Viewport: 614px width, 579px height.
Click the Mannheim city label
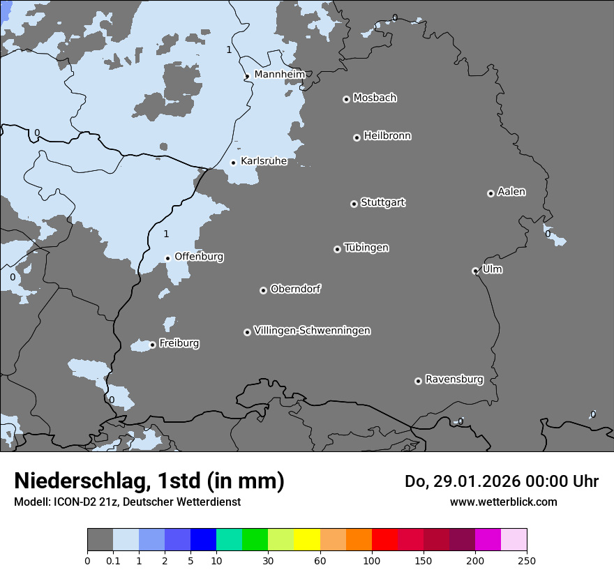click(279, 74)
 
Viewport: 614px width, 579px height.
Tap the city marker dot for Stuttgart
click(354, 204)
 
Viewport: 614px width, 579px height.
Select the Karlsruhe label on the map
click(264, 161)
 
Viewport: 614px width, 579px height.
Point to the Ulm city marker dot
click(475, 271)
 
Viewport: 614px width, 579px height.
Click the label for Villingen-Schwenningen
click(312, 331)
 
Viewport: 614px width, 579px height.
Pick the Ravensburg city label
click(454, 379)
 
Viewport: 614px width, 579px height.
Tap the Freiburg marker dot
click(152, 345)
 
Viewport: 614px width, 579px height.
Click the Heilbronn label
click(387, 135)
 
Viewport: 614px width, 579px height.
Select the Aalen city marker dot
click(491, 193)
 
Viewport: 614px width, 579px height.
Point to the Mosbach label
click(375, 98)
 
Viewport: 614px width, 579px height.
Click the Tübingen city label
click(366, 248)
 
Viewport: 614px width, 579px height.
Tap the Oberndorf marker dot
click(263, 290)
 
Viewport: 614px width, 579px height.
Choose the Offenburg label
click(199, 257)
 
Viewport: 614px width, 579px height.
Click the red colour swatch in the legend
click(384, 540)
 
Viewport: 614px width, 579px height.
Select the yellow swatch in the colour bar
click(307, 540)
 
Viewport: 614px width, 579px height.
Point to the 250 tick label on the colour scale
click(526, 560)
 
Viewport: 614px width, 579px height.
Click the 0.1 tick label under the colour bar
click(113, 560)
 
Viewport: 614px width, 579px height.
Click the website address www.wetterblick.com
click(503, 502)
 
